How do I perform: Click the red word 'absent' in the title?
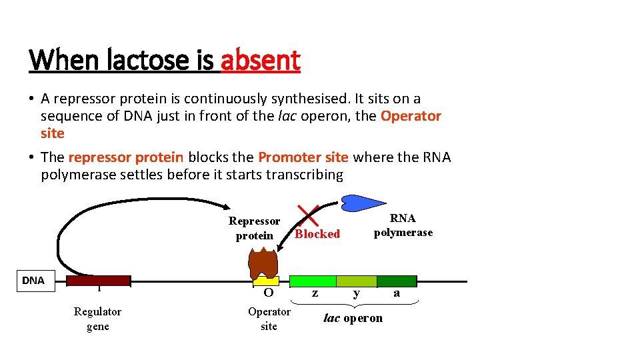point(260,61)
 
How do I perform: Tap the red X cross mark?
point(309,215)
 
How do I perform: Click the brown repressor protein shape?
point(263,262)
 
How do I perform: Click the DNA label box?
point(33,281)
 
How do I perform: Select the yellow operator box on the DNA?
point(269,281)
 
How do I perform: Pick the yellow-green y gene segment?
point(357,281)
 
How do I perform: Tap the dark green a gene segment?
point(397,281)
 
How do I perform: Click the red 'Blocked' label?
point(317,234)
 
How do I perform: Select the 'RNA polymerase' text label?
point(403,225)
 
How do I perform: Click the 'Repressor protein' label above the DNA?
point(254,228)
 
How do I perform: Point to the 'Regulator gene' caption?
point(97,319)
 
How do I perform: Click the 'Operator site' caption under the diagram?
point(269,319)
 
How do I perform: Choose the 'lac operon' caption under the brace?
point(353,318)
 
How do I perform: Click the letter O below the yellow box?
point(269,293)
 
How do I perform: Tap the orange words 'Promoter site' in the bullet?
point(303,157)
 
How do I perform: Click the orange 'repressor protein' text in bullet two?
point(125,157)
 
